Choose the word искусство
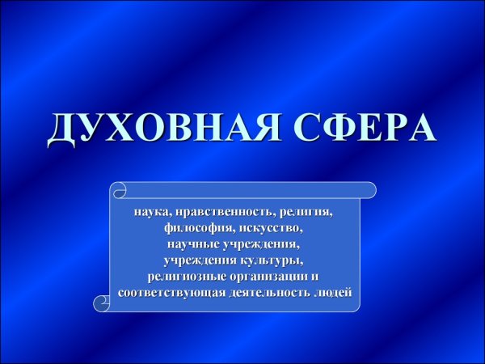pyautogui.click(x=270, y=227)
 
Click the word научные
pyautogui.click(x=195, y=243)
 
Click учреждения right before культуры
pyautogui.click(x=199, y=259)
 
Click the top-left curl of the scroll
pyautogui.click(x=119, y=191)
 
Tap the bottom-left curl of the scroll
pyautogui.click(x=103, y=303)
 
